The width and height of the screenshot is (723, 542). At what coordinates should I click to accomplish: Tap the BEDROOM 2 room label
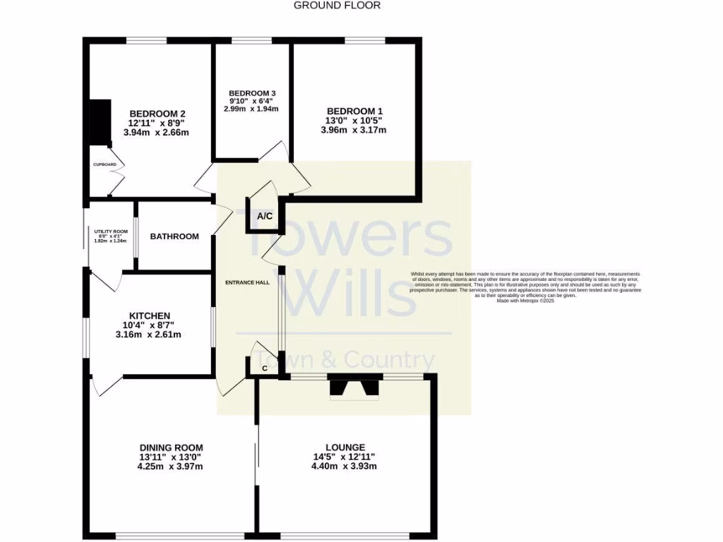157,113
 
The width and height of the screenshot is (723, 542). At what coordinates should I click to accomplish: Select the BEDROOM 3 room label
251,94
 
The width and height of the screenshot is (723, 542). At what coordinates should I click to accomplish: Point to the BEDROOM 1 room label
354,112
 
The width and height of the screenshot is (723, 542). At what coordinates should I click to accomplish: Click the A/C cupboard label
265,217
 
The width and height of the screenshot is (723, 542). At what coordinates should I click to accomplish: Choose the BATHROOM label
174,236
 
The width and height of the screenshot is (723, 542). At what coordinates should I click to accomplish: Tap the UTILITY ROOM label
110,231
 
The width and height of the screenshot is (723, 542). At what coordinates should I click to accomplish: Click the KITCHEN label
149,315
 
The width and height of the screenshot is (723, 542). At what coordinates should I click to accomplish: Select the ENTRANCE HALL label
247,283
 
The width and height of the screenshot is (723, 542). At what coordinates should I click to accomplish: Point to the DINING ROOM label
171,447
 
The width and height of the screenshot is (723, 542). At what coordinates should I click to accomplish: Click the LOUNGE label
345,447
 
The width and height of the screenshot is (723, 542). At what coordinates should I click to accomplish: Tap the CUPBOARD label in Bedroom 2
104,164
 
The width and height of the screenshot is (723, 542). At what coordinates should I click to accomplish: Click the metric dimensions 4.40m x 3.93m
345,466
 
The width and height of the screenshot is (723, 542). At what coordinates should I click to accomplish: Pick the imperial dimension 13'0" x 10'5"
354,121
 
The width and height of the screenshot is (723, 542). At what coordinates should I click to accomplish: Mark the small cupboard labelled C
264,368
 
